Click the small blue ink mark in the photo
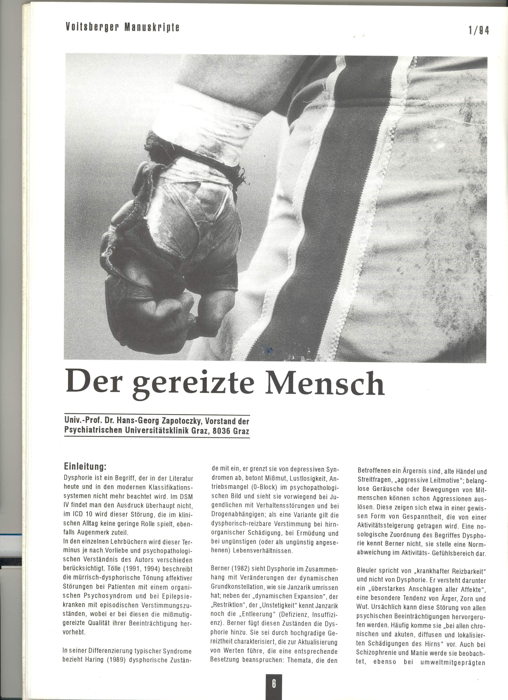click(x=269, y=350)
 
